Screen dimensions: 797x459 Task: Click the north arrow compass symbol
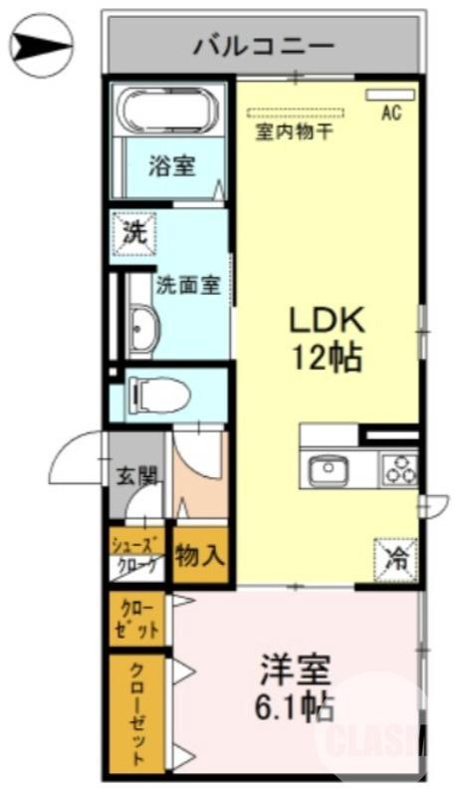[x=42, y=44]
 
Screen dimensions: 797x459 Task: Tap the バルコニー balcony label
[x=263, y=45]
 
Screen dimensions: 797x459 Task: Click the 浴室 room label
[x=172, y=166]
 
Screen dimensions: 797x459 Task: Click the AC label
[x=391, y=113]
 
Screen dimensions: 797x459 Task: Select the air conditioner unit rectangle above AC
[x=391, y=95]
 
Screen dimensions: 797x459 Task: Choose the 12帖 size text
[x=326, y=356]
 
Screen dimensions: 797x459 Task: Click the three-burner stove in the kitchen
[x=399, y=468]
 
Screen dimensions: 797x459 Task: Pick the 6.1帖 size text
[x=296, y=708]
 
